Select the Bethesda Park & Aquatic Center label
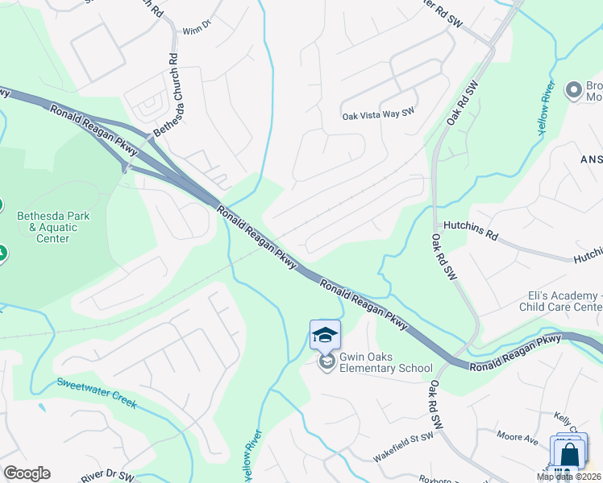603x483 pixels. [54, 227]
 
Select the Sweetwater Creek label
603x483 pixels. [96, 392]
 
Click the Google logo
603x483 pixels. [27, 473]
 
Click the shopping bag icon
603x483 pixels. [569, 453]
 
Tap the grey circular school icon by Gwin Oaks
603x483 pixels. [326, 363]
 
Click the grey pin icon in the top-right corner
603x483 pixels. [574, 89]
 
